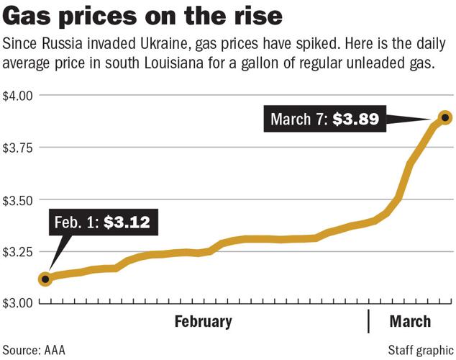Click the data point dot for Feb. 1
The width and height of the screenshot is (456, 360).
[x=45, y=279]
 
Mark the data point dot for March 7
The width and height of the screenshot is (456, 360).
[x=445, y=117]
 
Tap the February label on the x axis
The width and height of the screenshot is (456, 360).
[x=204, y=321]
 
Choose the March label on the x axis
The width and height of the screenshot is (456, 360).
[x=410, y=321]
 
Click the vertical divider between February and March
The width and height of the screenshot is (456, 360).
[x=369, y=321]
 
